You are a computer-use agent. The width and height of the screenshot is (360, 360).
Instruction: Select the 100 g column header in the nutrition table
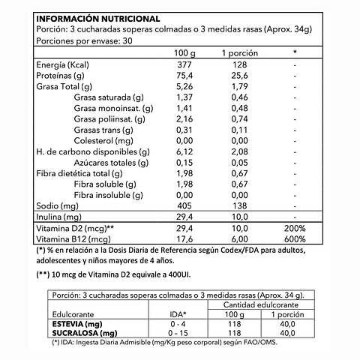pos(184,52)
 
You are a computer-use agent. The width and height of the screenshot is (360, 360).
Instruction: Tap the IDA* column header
pos(179,313)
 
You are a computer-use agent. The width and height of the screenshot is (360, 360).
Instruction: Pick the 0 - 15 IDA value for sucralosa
pos(179,333)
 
